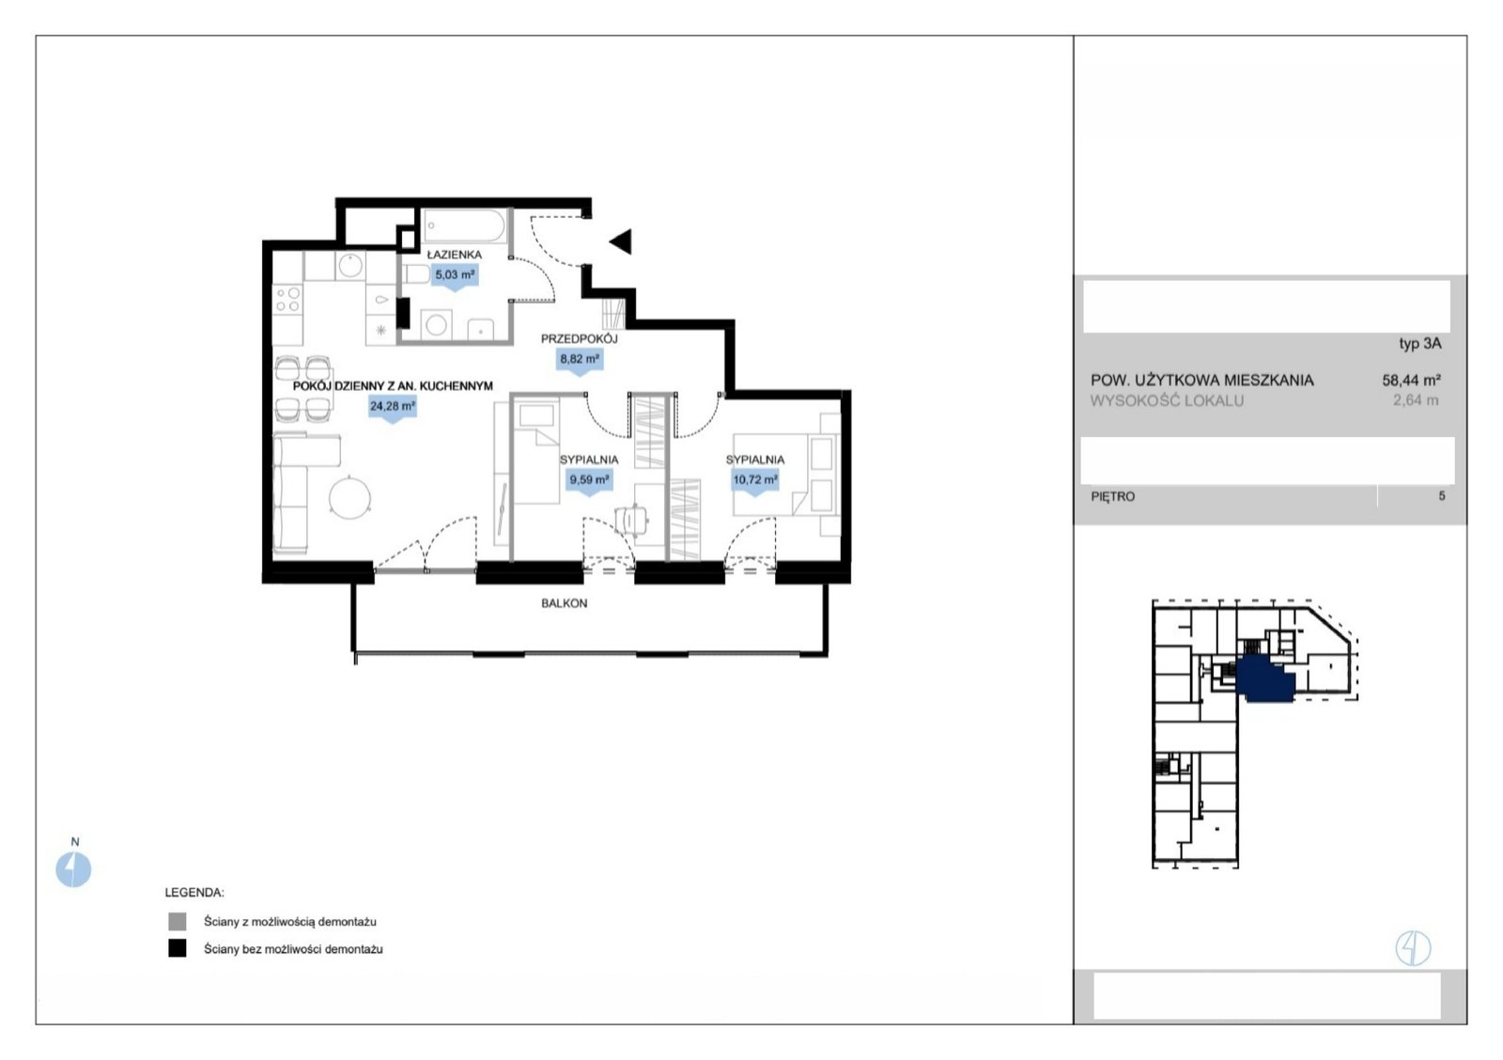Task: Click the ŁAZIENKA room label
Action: (x=455, y=255)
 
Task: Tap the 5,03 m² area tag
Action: (x=455, y=275)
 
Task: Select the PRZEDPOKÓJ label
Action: (x=579, y=339)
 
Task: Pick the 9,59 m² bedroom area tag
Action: (x=589, y=480)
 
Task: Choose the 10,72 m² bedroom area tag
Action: (x=755, y=480)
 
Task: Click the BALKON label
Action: (x=565, y=603)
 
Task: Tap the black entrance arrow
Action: (x=621, y=242)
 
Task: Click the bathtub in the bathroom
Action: (x=464, y=226)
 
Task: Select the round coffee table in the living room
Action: (x=349, y=497)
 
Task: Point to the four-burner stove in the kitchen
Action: (x=287, y=300)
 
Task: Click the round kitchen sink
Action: (x=350, y=265)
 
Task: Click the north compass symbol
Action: (x=73, y=869)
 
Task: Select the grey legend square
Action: (x=178, y=921)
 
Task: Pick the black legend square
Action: (x=178, y=948)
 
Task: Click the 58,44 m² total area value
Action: (x=1411, y=380)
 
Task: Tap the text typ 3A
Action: (x=1419, y=344)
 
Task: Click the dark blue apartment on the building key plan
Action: (x=1264, y=679)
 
